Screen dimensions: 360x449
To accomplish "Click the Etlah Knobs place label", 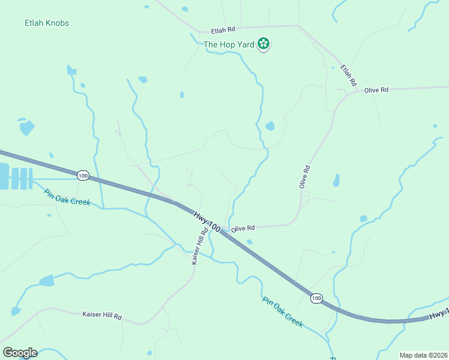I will coord(47,23).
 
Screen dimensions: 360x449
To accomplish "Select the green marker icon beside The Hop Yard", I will coord(263,44).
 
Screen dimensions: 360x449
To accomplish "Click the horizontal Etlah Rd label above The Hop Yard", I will coord(223,29).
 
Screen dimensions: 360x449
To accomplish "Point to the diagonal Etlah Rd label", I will coord(349,75).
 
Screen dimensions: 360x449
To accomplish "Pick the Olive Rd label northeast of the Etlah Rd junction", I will coord(376,90).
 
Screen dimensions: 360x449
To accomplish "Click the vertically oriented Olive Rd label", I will coord(304,177).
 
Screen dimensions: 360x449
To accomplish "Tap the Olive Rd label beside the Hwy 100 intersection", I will coord(244,229).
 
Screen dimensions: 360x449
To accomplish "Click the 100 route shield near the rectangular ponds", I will coord(83,175).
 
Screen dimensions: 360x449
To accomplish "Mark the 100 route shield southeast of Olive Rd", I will coord(316,298).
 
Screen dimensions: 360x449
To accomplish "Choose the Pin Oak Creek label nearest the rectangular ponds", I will coord(67,197).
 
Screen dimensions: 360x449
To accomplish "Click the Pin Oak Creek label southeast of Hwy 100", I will coord(283,312).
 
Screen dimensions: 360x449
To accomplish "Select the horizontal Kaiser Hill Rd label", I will coord(102,315).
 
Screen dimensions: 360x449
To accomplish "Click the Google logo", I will coord(20,353).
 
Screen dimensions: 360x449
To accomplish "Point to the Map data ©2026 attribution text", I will coord(423,355).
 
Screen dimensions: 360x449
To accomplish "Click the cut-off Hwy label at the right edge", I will coord(439,314).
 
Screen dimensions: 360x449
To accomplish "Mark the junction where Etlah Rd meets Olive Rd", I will coord(345,93).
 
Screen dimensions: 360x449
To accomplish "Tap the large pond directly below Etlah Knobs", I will coord(27,128).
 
